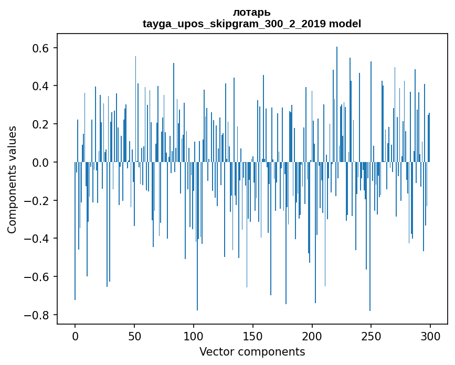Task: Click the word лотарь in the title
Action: coord(252,12)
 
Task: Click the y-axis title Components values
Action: coord(12,179)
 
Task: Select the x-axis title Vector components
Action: coord(252,352)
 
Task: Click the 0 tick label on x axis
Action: coord(75,336)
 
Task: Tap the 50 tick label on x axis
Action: coord(134,336)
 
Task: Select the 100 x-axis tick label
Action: coord(194,336)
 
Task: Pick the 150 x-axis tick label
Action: coord(253,336)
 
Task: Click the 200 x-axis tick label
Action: coord(312,336)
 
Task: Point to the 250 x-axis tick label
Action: coord(372,336)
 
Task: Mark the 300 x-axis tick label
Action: coord(431,336)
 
